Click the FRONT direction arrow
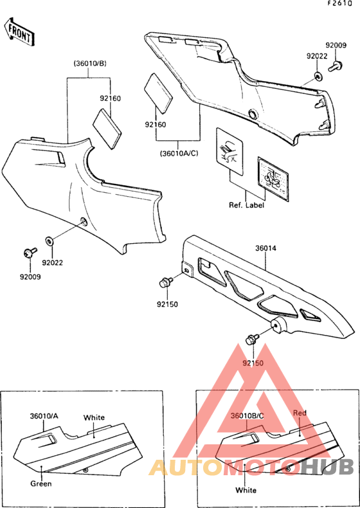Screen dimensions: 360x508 [x=18, y=32]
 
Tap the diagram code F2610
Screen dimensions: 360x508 [x=339, y=4]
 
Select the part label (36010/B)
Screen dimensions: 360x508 [x=90, y=64]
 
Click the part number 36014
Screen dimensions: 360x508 [x=265, y=248]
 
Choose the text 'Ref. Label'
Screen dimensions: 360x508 [x=247, y=205]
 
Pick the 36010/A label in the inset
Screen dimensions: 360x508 [x=44, y=415]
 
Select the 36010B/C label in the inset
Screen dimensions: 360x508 [x=247, y=415]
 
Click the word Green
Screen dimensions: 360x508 [x=41, y=484]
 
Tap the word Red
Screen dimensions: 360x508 [x=300, y=413]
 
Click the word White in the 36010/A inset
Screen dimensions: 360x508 [x=94, y=417]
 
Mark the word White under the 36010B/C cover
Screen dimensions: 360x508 [x=246, y=490]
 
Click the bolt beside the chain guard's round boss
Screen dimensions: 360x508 [x=252, y=340]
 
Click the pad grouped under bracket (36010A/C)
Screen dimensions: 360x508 [x=159, y=93]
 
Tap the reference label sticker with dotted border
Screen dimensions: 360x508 [x=273, y=179]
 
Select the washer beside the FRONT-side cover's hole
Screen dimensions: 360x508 [x=50, y=241]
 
